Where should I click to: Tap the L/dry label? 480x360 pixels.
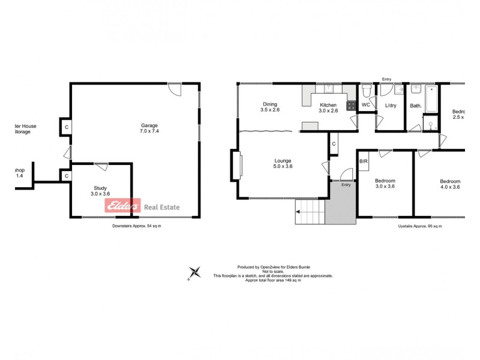(391, 106)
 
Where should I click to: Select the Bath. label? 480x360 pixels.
(416, 106)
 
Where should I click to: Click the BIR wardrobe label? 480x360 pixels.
(363, 161)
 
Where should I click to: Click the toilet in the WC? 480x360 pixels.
(366, 91)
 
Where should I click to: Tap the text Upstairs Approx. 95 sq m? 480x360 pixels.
(419, 226)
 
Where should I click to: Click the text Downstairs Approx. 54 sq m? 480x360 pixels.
(137, 226)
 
